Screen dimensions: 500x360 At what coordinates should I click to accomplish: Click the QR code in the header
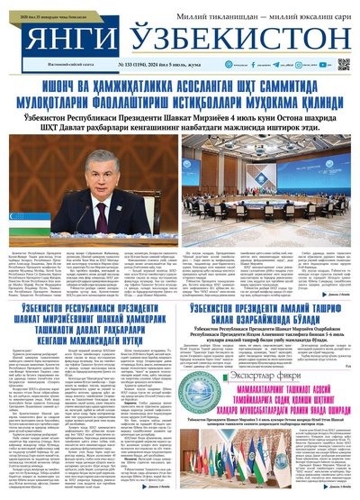pyautogui.click(x=343, y=65)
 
